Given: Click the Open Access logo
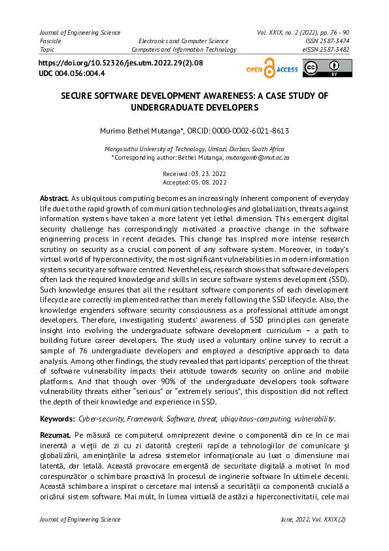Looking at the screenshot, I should (x=271, y=69).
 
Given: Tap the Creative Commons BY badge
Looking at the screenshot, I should (x=327, y=68).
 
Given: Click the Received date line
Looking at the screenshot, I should (x=194, y=174).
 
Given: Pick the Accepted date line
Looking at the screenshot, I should (x=194, y=182).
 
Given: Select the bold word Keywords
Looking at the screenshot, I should (x=58, y=418).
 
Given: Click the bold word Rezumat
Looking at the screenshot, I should (x=56, y=435).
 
